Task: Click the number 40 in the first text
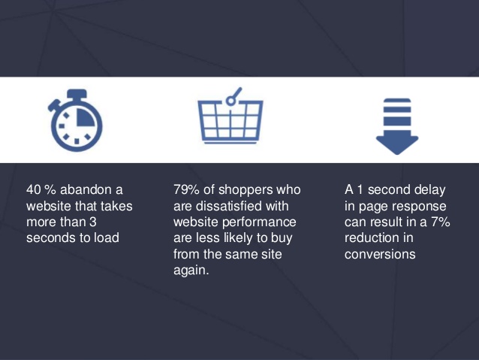pyautogui.click(x=35, y=189)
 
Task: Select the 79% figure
pyautogui.click(x=188, y=189)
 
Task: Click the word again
pyautogui.click(x=191, y=271)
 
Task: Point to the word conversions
pyautogui.click(x=379, y=255)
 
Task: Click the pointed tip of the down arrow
pyautogui.click(x=396, y=153)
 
